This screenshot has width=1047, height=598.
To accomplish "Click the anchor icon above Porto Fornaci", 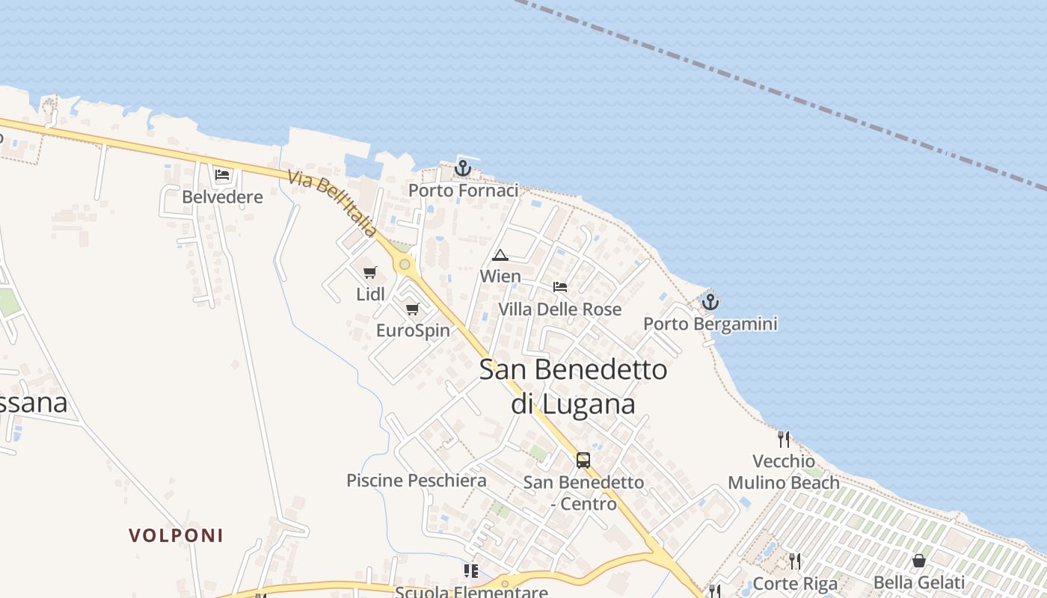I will click(x=463, y=168).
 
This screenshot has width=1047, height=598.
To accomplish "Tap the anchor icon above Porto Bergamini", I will click(x=710, y=302).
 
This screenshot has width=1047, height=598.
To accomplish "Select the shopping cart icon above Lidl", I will click(x=370, y=273).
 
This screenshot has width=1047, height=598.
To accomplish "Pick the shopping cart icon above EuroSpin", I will click(x=412, y=309).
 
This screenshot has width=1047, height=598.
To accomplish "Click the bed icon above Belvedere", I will click(x=222, y=176).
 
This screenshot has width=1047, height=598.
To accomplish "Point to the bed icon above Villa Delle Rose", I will click(x=559, y=287).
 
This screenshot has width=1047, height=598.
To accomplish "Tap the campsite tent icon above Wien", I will click(x=500, y=256).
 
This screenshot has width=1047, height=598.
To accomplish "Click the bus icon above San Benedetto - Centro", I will click(x=583, y=460).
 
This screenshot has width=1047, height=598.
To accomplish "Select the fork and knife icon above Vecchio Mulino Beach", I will click(x=784, y=439).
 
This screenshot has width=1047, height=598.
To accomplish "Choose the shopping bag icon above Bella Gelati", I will click(x=919, y=561).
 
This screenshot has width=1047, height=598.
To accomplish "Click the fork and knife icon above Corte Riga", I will click(x=795, y=561).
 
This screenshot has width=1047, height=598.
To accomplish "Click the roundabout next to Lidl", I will click(x=405, y=264).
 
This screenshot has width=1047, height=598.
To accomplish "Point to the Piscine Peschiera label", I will click(x=416, y=481).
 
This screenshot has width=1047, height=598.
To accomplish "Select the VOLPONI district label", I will click(x=176, y=535).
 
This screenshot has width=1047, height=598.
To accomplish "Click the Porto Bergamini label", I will click(x=710, y=324).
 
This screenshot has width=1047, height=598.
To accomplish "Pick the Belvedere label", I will click(x=223, y=197).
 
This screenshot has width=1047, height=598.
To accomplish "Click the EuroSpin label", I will click(x=413, y=330).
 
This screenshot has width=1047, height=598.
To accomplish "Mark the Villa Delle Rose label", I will click(x=560, y=309).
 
